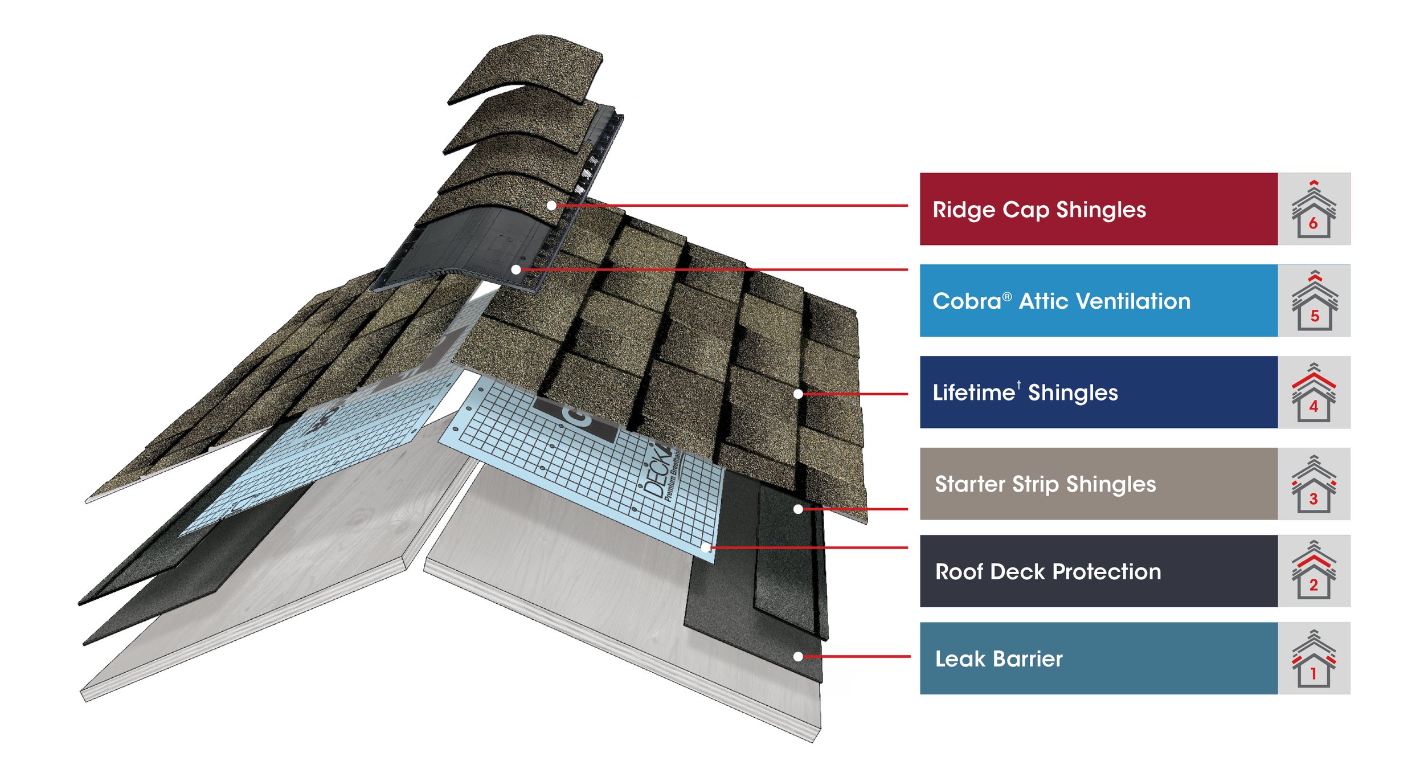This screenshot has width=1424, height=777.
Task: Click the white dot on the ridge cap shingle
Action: pos(551,205)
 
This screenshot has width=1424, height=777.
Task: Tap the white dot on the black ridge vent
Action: pos(516,269)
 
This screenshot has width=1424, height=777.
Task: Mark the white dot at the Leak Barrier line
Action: pos(798,656)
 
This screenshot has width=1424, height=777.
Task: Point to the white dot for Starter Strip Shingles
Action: pos(798,509)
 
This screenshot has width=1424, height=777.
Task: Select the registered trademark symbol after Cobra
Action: pos(1007,296)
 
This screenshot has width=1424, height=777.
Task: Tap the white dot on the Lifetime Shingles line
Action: pos(798,394)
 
